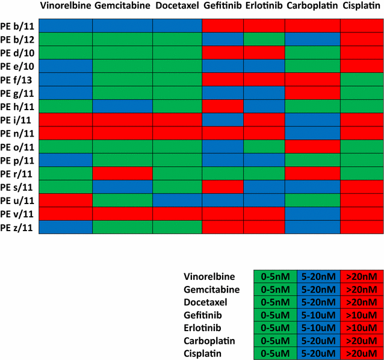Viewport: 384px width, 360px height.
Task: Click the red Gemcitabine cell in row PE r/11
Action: point(122,173)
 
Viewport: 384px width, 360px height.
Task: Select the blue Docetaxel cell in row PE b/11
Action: point(177,25)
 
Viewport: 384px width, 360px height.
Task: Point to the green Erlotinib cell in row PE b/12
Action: point(264,39)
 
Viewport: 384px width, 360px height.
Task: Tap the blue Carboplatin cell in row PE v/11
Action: point(312,214)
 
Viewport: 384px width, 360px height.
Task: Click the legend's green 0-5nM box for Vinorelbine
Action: point(275,276)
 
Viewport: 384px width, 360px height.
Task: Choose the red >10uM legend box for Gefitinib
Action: point(362,315)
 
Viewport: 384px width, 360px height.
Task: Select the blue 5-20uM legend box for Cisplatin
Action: point(318,354)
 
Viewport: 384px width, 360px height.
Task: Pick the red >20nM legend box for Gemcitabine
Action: point(362,290)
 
